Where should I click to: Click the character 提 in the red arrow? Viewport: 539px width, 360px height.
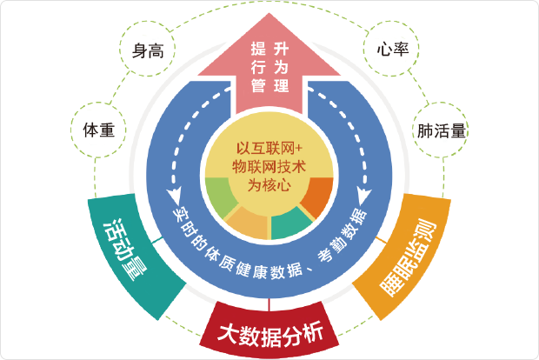coord(257,47)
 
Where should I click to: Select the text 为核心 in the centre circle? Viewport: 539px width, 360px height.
coord(269,183)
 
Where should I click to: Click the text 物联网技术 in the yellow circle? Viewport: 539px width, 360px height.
coord(269,165)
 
